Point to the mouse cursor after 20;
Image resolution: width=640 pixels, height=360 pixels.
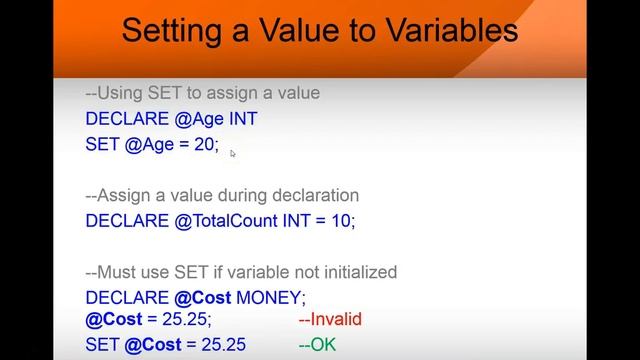pos(233,153)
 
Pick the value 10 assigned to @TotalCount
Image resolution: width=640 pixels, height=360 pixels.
pos(341,220)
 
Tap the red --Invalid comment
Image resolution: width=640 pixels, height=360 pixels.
pos(329,320)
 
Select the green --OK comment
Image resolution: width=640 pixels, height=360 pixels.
pos(317,345)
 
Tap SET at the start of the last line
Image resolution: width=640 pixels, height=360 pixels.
pos(102,345)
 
